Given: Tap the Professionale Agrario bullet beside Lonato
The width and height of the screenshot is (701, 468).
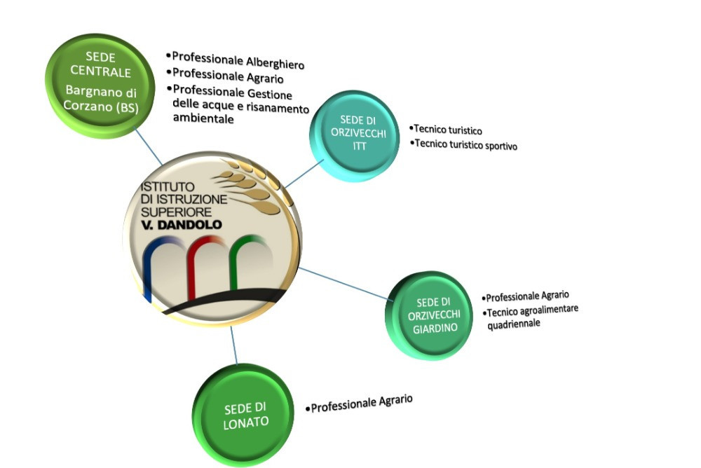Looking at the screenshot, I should click(362, 403).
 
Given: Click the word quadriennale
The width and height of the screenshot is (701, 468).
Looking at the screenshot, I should click(513, 325).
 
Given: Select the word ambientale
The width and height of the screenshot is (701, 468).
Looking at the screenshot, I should click(203, 119).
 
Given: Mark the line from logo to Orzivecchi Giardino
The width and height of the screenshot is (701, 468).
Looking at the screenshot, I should click(343, 283).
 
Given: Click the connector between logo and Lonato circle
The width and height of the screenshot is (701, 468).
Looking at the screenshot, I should click(233, 345).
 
